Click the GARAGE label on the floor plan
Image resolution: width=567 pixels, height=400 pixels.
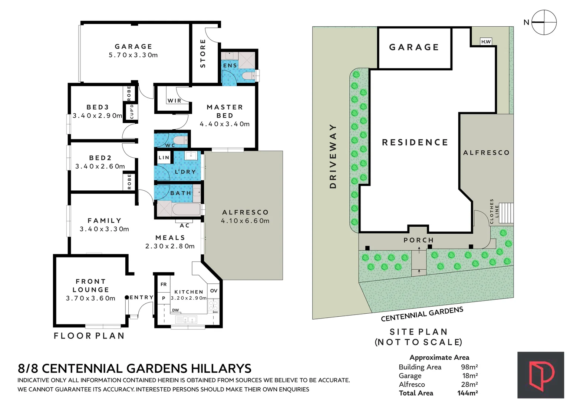click(x=133, y=47)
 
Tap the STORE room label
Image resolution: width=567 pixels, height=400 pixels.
click(x=203, y=53)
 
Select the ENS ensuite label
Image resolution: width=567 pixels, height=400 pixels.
click(x=230, y=66)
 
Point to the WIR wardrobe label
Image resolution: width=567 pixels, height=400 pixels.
click(x=174, y=101)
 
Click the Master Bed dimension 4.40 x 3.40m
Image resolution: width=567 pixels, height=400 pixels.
click(x=225, y=124)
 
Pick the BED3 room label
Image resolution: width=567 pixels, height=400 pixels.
click(x=98, y=107)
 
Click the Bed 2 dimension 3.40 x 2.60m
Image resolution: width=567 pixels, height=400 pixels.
click(x=100, y=166)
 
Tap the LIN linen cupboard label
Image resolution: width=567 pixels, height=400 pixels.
click(x=164, y=157)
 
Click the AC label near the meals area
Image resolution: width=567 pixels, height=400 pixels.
click(x=185, y=225)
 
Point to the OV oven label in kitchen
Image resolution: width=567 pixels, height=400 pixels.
click(x=214, y=291)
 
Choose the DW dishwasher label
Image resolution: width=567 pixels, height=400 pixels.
click(x=175, y=310)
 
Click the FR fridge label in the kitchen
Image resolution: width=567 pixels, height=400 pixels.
click(x=164, y=284)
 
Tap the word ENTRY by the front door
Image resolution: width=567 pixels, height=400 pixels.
click(x=142, y=297)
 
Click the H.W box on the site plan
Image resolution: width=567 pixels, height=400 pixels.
click(x=486, y=42)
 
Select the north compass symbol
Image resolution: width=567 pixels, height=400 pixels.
click(x=544, y=22)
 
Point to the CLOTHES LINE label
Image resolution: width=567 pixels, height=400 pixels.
click(x=494, y=211)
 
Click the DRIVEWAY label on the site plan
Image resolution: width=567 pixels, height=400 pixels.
click(x=333, y=156)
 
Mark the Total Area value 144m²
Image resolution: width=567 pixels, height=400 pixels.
click(x=467, y=393)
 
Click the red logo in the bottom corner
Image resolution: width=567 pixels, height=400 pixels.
click(x=541, y=375)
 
